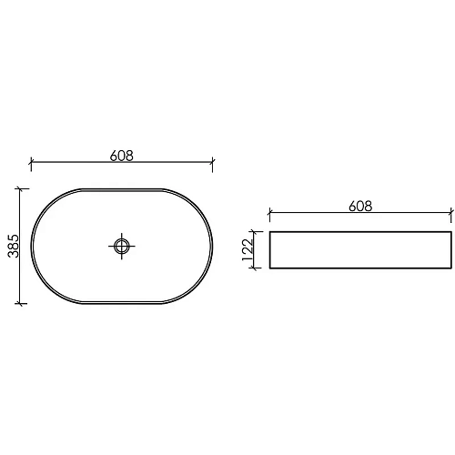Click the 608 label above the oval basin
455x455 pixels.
(x=122, y=156)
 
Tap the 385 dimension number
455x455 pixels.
(x=13, y=245)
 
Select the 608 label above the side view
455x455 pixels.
(x=360, y=207)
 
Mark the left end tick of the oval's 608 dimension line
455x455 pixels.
(x=32, y=165)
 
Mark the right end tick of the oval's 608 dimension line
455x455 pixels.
(x=212, y=165)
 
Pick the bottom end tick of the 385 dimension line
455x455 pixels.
(x=20, y=302)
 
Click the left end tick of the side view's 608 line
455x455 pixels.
(x=270, y=216)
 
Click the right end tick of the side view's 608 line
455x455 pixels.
(x=451, y=216)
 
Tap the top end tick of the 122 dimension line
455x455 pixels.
(x=258, y=232)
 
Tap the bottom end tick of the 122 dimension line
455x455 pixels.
(x=258, y=268)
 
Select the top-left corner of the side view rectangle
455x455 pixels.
(x=270, y=232)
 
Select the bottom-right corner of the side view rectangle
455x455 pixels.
(x=451, y=268)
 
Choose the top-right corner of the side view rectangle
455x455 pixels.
(x=451, y=232)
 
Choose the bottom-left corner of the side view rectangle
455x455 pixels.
(x=270, y=268)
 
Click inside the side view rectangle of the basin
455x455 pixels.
(x=360, y=250)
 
